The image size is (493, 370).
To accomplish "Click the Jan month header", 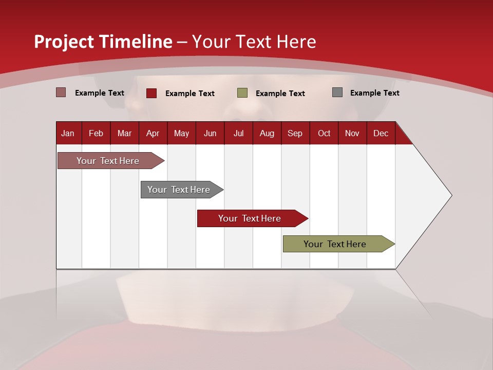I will (68, 133).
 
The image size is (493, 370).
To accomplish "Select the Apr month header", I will (153, 133).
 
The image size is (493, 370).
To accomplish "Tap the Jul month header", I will (238, 133).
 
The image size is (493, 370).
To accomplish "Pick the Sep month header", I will (295, 133).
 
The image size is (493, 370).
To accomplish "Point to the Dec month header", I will (381, 133).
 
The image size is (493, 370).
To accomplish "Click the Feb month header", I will (96, 133).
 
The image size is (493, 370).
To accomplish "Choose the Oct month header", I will (324, 133).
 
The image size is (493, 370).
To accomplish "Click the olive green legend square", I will (242, 93).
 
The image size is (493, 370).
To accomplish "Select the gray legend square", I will (337, 92).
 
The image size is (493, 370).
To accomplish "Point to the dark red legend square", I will (151, 93).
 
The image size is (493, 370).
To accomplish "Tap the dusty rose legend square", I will (61, 92).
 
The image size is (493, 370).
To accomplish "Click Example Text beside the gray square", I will (374, 93).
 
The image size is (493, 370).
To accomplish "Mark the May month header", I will (181, 133).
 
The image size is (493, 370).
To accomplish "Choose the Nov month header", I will (352, 133).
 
